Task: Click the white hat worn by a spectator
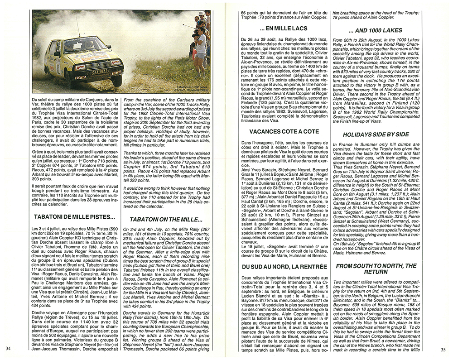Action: (199, 19)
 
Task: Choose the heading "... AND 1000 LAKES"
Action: (376, 31)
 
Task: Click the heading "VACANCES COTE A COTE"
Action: (284, 131)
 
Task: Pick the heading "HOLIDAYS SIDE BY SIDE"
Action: (376, 134)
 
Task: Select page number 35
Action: (443, 349)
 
